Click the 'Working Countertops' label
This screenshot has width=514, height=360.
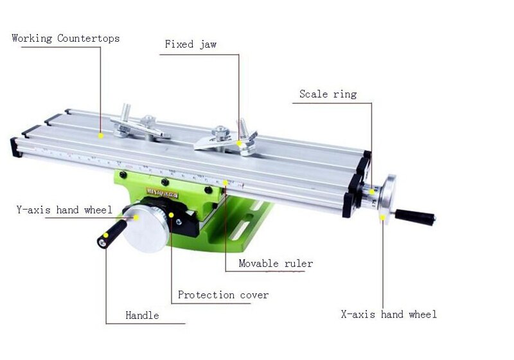66,39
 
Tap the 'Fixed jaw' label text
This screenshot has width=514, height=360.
190,44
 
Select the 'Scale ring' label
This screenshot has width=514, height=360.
328,94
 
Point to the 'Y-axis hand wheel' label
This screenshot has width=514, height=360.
64,210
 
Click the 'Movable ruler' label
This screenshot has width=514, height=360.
276,264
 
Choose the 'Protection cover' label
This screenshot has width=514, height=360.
223,295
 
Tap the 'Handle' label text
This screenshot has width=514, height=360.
142,316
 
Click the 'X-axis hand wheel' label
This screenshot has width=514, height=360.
389,314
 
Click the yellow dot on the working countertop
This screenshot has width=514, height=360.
101,136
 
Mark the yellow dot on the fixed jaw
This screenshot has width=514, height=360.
239,143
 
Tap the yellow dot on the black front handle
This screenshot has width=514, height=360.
106,235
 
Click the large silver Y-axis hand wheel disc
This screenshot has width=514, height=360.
145,229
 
